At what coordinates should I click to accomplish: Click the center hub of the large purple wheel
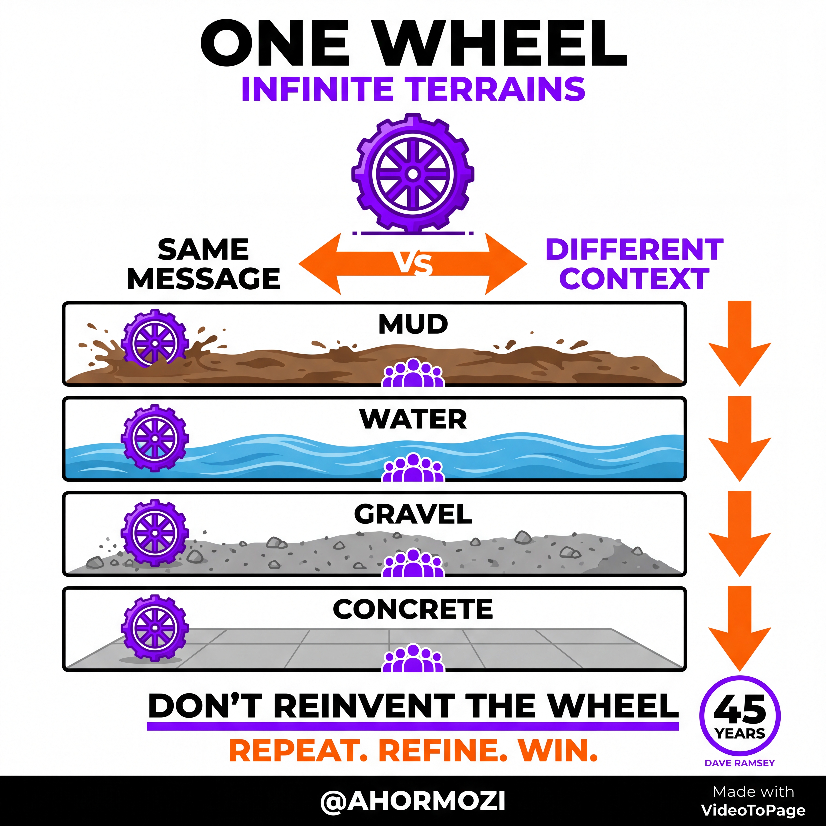(413, 174)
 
